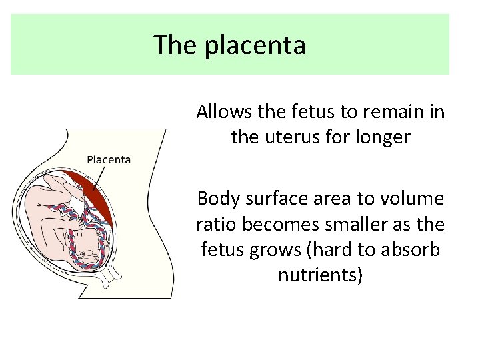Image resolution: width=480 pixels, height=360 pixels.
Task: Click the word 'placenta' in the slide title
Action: (x=255, y=46)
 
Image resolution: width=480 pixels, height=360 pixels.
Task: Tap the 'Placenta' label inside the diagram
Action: (x=109, y=159)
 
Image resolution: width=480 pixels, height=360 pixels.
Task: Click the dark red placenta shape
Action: (x=100, y=200)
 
